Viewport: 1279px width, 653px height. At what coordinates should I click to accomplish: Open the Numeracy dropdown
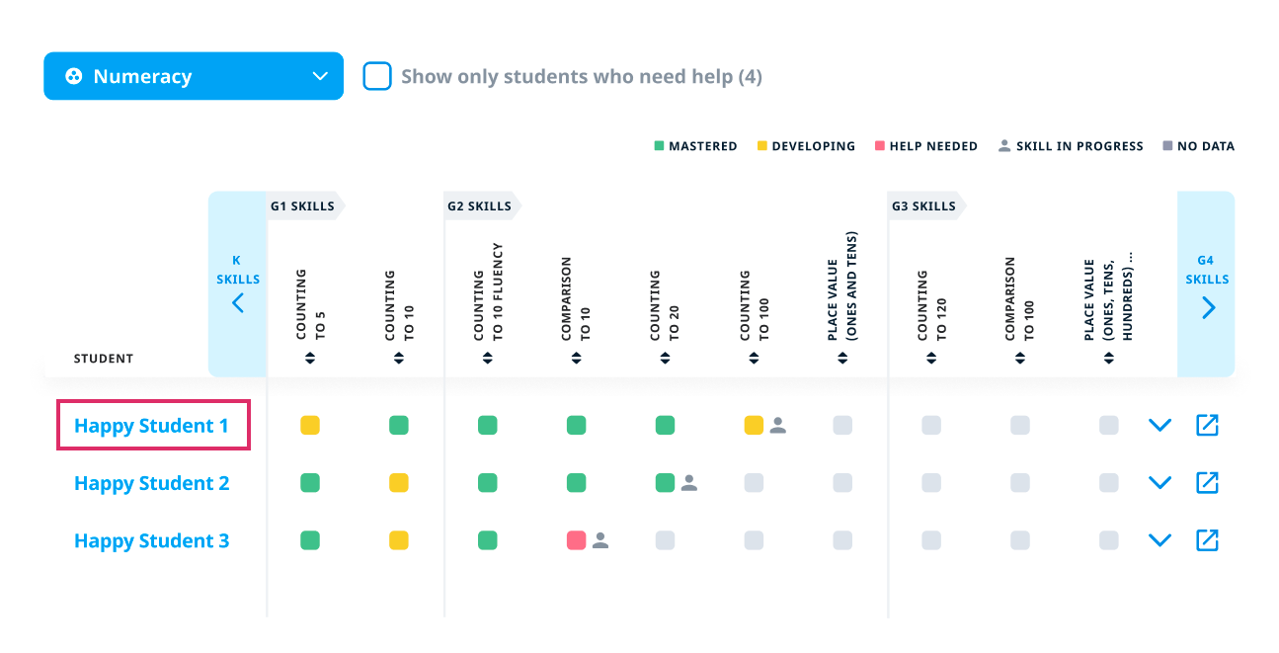[x=194, y=76]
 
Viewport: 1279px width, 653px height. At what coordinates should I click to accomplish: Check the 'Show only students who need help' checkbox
[x=377, y=76]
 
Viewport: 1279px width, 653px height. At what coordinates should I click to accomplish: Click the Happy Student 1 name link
[x=151, y=426]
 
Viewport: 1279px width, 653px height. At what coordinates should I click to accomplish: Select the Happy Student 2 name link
[x=151, y=483]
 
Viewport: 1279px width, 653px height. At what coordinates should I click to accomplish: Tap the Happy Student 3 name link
[x=151, y=540]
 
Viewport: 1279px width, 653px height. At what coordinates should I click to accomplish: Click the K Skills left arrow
[x=238, y=303]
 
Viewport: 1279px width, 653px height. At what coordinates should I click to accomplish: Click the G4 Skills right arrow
[x=1207, y=307]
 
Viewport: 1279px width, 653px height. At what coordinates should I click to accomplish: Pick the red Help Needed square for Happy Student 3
[x=577, y=540]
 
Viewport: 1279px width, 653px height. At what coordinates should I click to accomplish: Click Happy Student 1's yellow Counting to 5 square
[x=310, y=426]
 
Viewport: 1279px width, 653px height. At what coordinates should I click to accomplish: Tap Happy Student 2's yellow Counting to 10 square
[x=399, y=483]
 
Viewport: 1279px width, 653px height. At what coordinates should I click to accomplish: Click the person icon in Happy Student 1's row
[x=778, y=426]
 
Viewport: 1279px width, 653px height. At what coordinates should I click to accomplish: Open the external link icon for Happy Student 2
[x=1207, y=483]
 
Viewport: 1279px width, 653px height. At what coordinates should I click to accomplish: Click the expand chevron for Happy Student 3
[x=1159, y=540]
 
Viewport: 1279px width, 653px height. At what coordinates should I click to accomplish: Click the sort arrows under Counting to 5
[x=310, y=358]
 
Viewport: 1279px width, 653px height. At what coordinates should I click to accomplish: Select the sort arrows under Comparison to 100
[x=1020, y=358]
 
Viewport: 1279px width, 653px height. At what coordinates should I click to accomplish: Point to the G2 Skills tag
[x=480, y=206]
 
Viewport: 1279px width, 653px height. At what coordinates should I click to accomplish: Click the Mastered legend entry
[x=695, y=146]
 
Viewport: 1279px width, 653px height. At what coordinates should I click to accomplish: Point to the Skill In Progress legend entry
[x=1071, y=146]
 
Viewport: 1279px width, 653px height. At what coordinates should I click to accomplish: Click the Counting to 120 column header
[x=931, y=304]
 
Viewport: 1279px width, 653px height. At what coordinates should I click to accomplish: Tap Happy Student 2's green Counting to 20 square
[x=666, y=483]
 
